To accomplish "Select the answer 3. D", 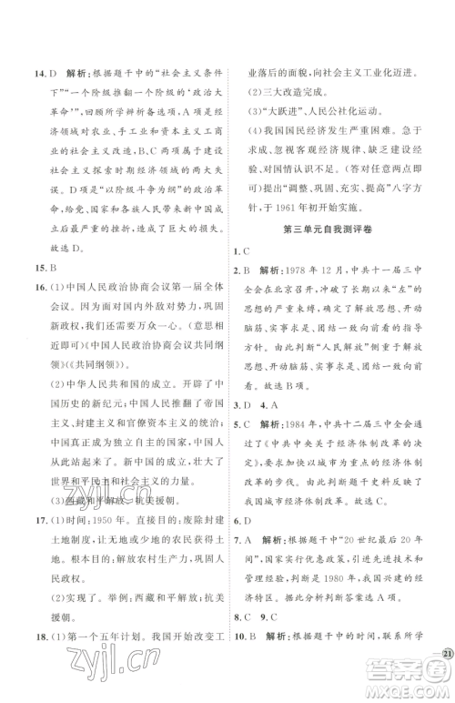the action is (243, 428).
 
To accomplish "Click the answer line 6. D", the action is (242, 544).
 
